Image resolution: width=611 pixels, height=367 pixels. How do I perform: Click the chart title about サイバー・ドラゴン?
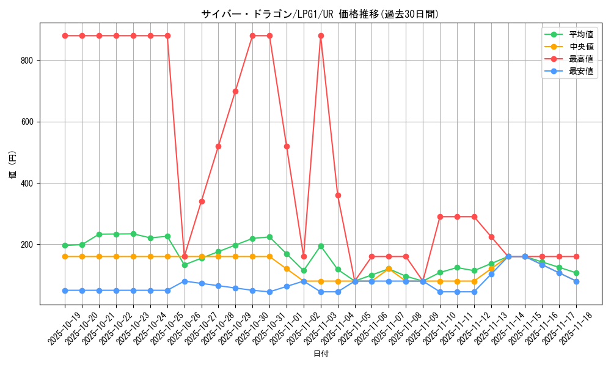click(x=320, y=14)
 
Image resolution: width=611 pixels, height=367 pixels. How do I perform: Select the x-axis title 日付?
click(x=321, y=354)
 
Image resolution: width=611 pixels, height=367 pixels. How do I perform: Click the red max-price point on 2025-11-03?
click(x=321, y=35)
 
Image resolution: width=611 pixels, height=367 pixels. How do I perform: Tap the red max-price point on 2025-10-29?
click(x=235, y=91)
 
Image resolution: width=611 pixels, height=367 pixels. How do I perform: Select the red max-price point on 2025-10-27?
click(x=202, y=201)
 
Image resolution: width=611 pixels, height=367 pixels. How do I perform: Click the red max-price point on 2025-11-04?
click(x=338, y=195)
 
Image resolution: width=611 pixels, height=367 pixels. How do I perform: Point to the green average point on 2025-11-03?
click(x=321, y=246)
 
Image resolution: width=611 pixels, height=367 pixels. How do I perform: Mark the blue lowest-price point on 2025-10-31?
click(x=269, y=292)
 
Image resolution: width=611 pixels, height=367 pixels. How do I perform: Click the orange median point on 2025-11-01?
click(x=287, y=269)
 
